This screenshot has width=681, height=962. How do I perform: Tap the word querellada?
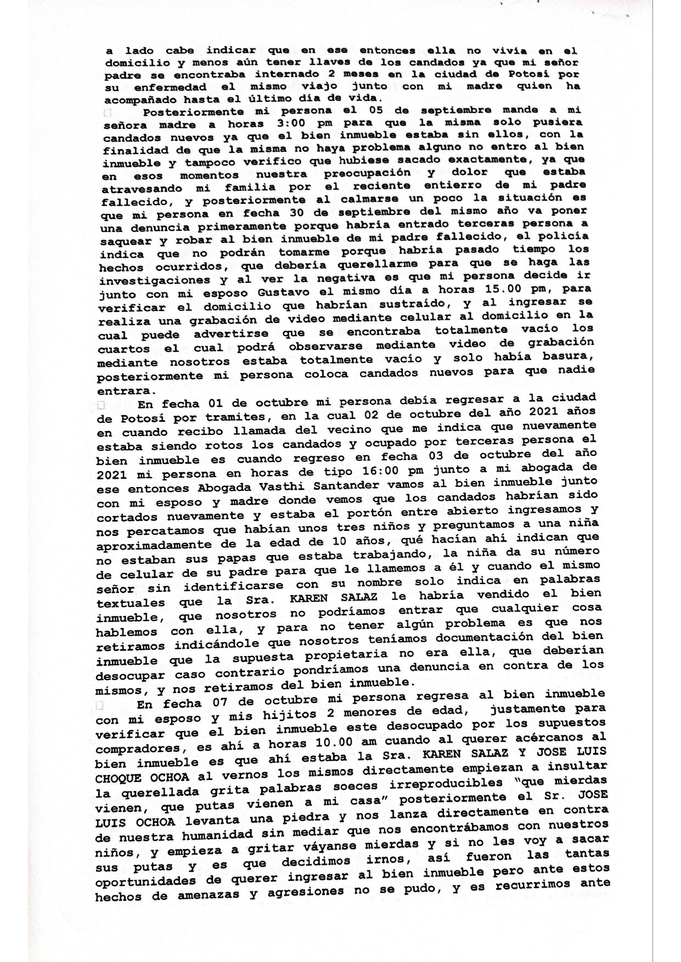pos(156,793)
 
